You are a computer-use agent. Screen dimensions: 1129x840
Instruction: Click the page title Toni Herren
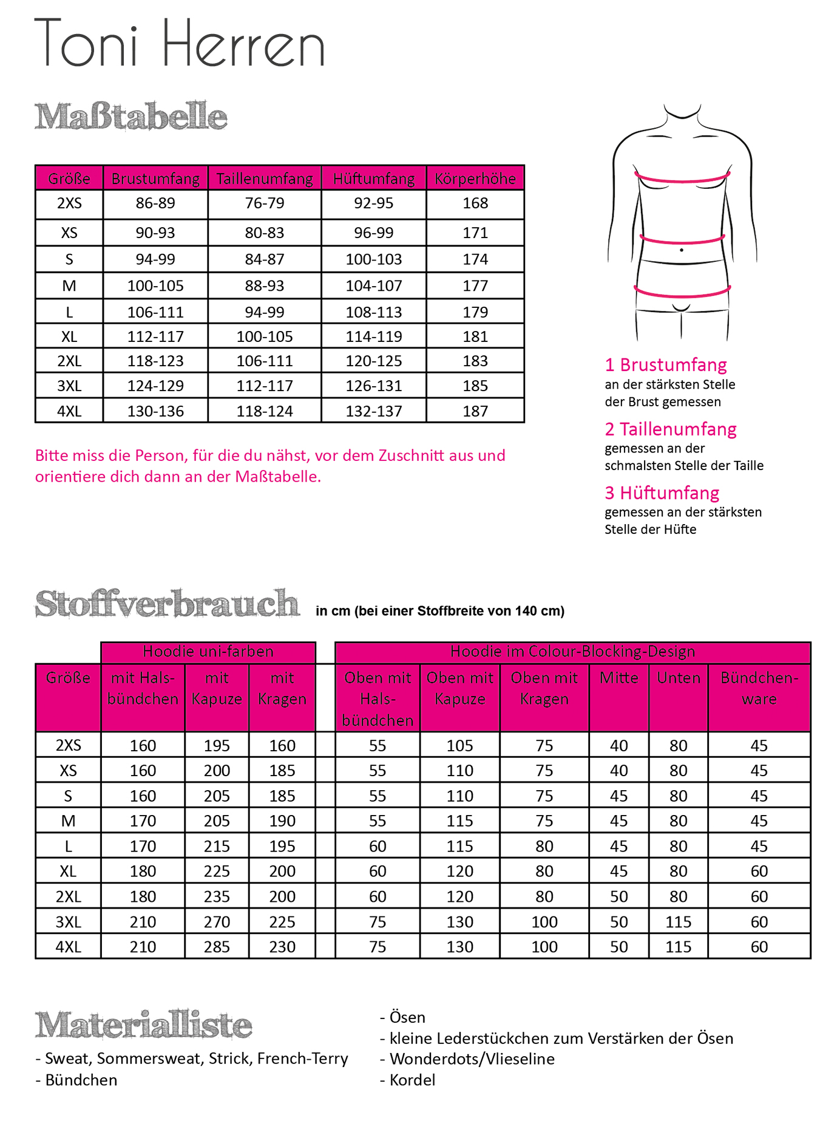point(180,44)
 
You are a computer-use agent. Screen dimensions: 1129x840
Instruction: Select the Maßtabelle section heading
point(130,117)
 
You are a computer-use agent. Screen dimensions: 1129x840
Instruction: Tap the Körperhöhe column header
point(475,179)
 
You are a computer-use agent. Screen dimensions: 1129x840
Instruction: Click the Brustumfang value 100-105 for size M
point(155,285)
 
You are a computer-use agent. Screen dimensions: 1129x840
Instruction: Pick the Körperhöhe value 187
point(475,411)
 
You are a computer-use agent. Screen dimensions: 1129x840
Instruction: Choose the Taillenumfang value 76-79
point(265,203)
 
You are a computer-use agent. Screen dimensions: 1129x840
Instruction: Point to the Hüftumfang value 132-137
point(374,411)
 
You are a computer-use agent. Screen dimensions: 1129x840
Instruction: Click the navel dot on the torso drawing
point(682,250)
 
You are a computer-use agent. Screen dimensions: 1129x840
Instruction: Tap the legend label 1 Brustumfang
point(666,365)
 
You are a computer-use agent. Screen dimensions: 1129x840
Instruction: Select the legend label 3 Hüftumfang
point(662,493)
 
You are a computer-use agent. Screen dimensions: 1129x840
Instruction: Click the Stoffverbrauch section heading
point(167,604)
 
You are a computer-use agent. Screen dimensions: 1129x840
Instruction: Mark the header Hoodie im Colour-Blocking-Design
point(572,652)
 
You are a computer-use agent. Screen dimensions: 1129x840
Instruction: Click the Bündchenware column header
point(759,688)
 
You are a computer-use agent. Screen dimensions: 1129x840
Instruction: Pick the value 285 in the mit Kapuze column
point(217,947)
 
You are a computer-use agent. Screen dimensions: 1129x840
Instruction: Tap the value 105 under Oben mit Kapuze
point(459,745)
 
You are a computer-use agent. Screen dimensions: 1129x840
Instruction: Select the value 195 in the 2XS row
point(217,745)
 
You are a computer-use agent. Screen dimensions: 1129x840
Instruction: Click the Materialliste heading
point(143,1025)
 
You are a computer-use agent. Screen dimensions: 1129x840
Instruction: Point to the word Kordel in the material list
point(412,1080)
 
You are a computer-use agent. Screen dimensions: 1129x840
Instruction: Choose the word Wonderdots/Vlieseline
point(472,1059)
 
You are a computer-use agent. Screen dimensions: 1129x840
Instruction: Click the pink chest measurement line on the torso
point(682,180)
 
